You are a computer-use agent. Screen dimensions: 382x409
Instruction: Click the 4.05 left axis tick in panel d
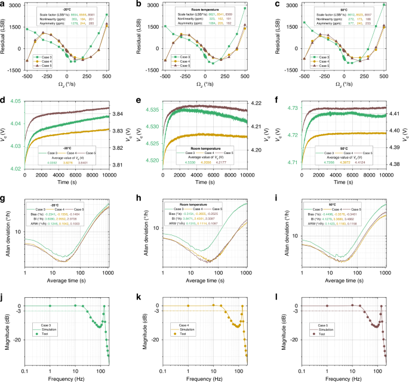click(x=16, y=101)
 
